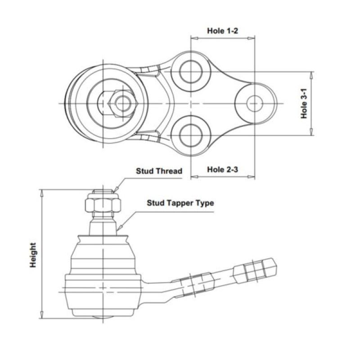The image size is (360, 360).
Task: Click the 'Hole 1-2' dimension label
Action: [222, 31]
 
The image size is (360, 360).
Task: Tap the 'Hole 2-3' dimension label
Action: [222, 170]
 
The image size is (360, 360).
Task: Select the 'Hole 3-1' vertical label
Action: [304, 103]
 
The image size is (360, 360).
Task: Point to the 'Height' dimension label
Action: [33, 256]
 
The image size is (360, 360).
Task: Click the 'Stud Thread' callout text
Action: [159, 171]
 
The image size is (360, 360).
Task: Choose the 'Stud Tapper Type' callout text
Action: [180, 203]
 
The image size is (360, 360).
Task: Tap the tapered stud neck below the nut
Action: [103, 225]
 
